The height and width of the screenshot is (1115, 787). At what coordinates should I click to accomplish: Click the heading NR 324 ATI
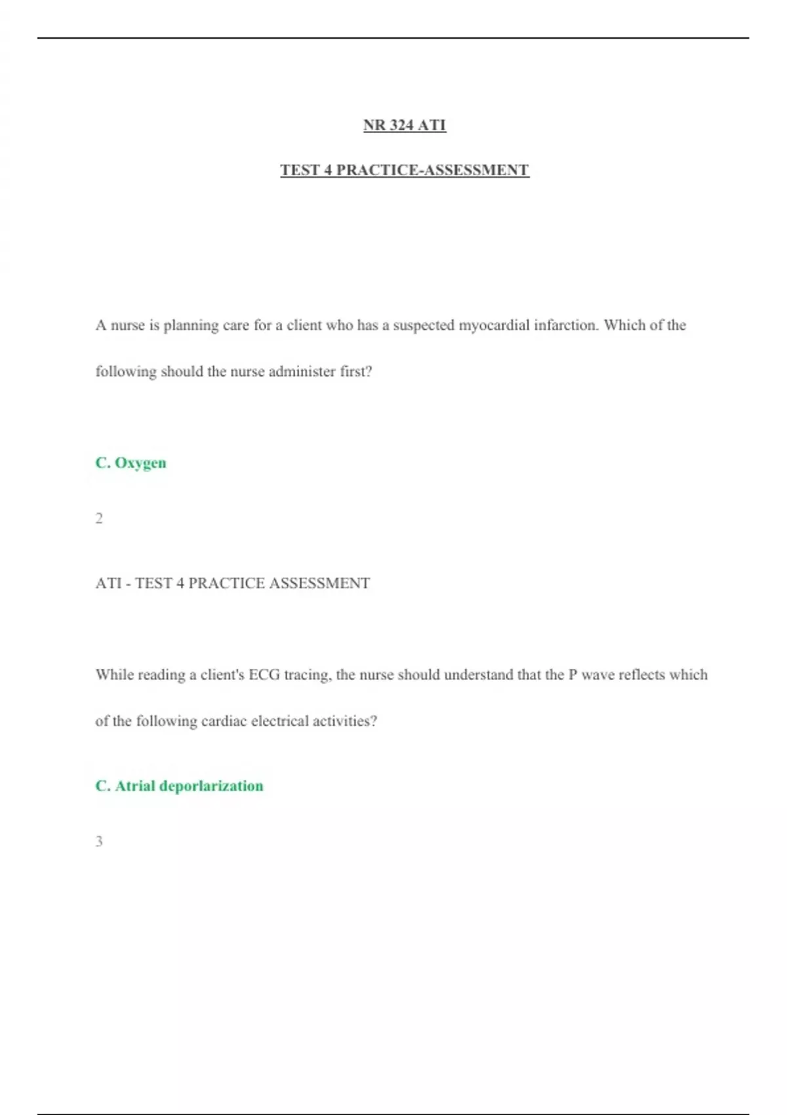click(x=405, y=125)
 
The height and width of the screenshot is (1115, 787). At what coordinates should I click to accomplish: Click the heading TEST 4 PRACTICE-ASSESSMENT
click(x=405, y=170)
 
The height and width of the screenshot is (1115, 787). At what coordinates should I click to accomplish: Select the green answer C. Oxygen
click(x=131, y=463)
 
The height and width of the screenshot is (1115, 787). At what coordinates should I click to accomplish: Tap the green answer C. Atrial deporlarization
click(x=179, y=786)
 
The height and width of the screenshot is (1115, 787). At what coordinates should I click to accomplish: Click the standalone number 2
click(x=99, y=518)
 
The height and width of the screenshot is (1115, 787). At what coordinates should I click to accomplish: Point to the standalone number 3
click(x=99, y=841)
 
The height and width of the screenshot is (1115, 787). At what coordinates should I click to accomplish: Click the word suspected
click(x=423, y=326)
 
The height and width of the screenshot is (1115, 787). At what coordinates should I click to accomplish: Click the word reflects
click(x=641, y=675)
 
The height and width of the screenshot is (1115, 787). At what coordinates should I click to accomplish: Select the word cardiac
click(x=224, y=721)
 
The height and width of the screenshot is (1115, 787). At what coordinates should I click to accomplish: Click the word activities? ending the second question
click(x=345, y=721)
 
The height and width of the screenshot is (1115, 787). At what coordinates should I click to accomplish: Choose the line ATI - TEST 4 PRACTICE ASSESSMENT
click(x=233, y=583)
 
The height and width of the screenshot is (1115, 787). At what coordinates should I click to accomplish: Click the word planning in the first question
click(x=191, y=326)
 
